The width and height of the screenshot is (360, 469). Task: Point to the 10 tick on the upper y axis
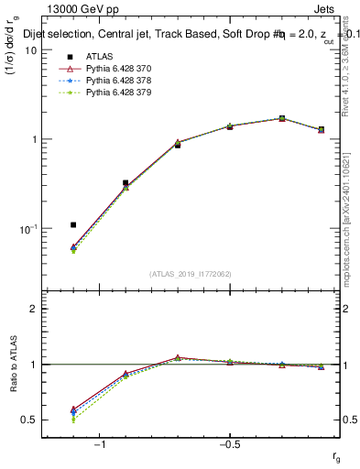pyautogui.click(x=30, y=50)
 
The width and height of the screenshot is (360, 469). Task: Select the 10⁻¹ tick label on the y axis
pyautogui.click(x=27, y=228)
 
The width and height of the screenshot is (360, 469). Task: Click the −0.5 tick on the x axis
pyautogui.click(x=229, y=444)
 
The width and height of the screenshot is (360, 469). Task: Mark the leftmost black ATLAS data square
pyautogui.click(x=73, y=224)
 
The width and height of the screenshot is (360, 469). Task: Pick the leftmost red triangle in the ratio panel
pyautogui.click(x=73, y=409)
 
